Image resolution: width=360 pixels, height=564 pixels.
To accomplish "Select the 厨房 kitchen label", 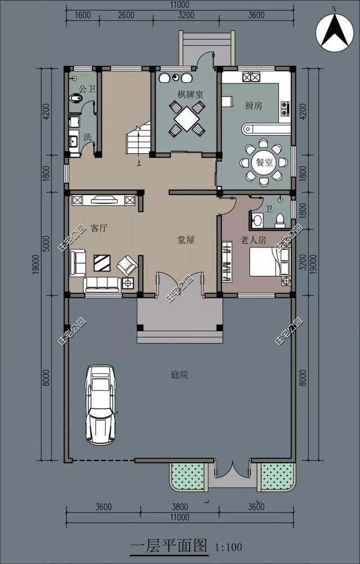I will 254,106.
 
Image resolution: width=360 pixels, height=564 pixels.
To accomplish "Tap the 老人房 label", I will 253,240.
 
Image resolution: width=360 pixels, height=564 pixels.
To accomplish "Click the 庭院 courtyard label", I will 179,375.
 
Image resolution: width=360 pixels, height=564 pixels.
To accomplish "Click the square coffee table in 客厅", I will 102,263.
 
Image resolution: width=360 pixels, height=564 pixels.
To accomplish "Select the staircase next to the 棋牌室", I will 138,141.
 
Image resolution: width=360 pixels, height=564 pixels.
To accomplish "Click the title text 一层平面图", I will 169,546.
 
